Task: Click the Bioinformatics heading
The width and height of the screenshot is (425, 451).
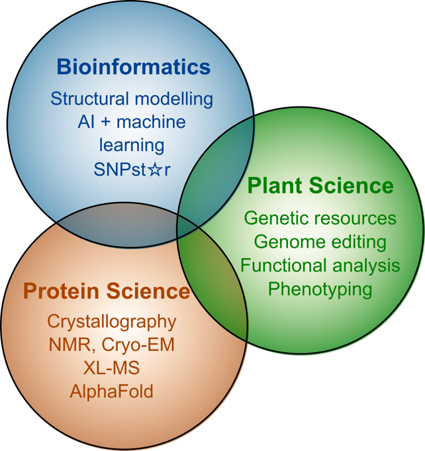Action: pyautogui.click(x=134, y=67)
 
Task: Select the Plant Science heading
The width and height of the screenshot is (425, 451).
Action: pyautogui.click(x=320, y=186)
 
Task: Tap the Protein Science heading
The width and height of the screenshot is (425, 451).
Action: pyautogui.click(x=107, y=291)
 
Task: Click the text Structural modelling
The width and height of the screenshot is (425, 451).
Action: pyautogui.click(x=132, y=99)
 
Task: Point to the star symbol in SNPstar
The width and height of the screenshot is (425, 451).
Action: pyautogui.click(x=156, y=170)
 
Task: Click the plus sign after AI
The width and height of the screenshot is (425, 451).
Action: pyautogui.click(x=105, y=122)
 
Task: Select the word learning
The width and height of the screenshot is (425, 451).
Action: pyautogui.click(x=132, y=146)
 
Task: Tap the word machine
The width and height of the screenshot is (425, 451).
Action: pyautogui.click(x=151, y=122)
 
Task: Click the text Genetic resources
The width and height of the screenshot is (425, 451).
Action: pyautogui.click(x=320, y=218)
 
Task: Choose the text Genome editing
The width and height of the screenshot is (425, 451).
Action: pyautogui.click(x=320, y=242)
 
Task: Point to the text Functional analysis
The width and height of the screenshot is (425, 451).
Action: pyautogui.click(x=320, y=266)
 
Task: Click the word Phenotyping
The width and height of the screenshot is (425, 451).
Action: pyautogui.click(x=320, y=289)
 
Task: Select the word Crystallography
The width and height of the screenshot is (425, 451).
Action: pyautogui.click(x=112, y=322)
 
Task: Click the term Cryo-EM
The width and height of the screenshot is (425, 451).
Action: pyautogui.click(x=138, y=345)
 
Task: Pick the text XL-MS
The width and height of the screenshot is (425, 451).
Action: pyautogui.click(x=112, y=368)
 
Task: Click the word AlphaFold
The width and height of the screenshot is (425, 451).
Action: pyautogui.click(x=112, y=391)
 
